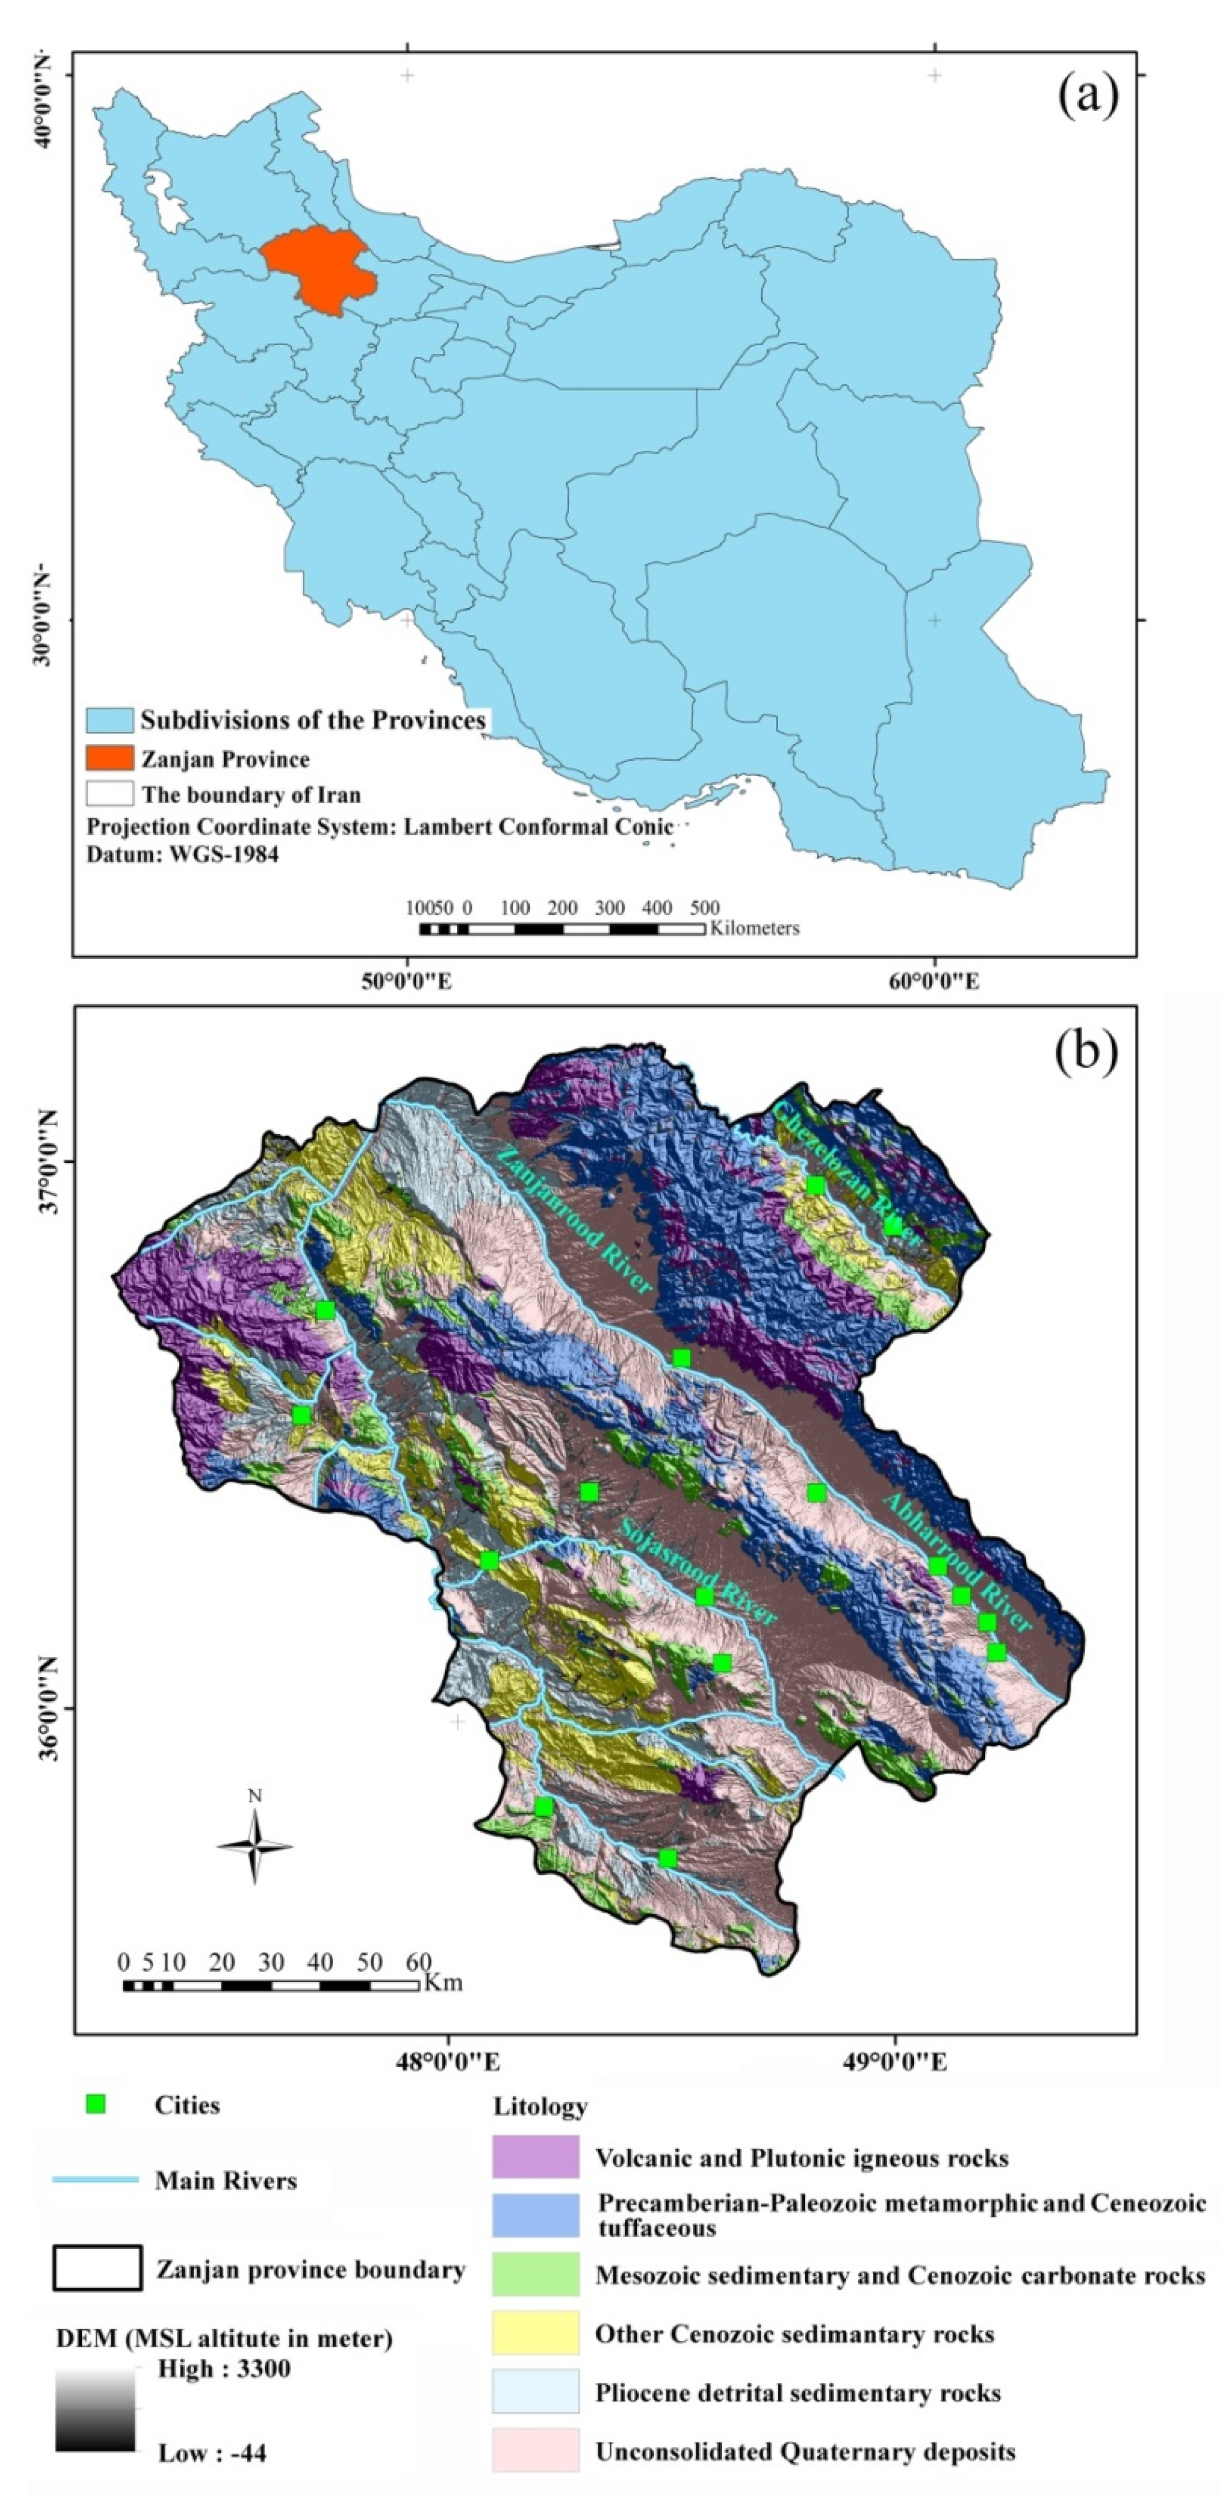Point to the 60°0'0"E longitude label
click(x=934, y=981)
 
